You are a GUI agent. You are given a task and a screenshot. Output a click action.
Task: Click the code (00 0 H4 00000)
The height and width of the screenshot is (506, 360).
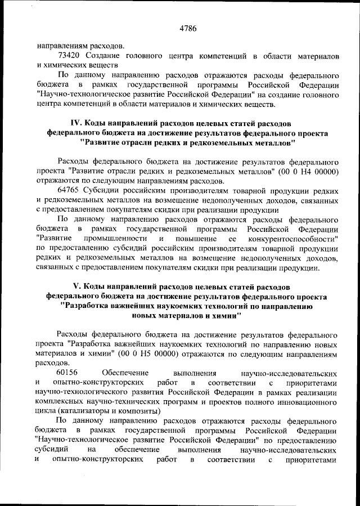[x=304, y=171]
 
